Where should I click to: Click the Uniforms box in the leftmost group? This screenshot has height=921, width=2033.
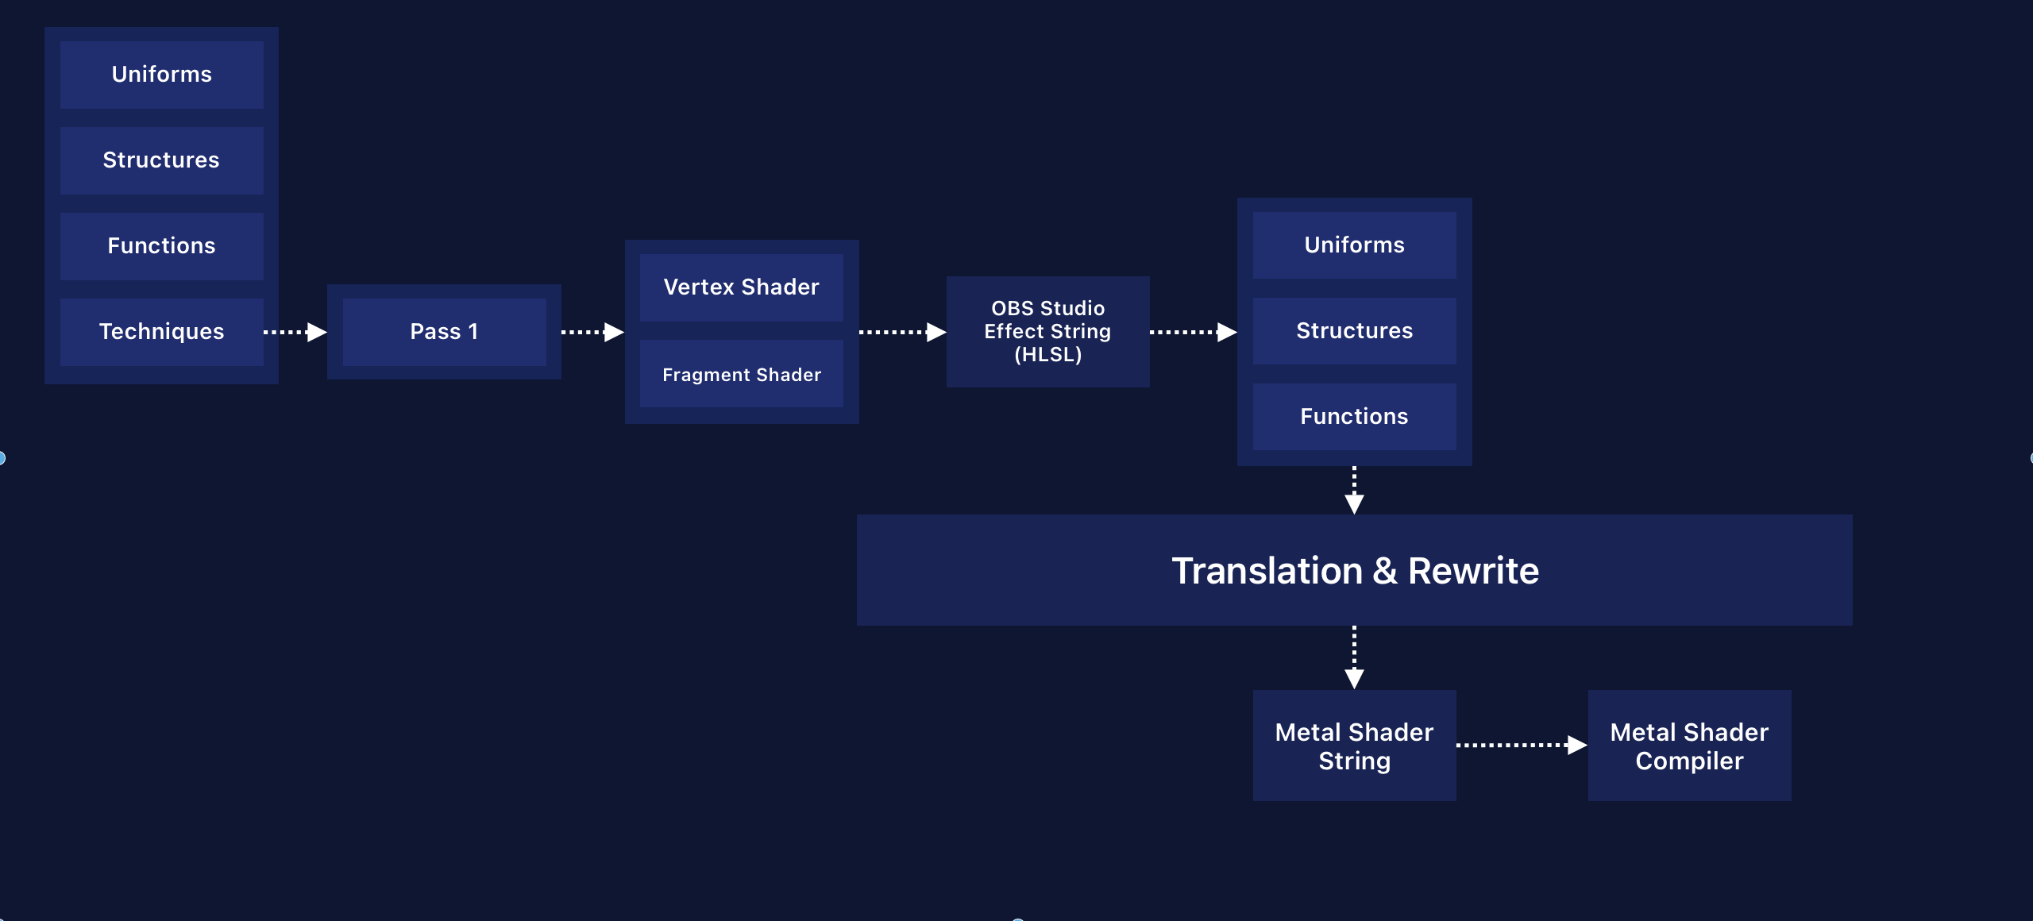[161, 75]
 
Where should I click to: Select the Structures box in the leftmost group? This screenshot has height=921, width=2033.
[161, 160]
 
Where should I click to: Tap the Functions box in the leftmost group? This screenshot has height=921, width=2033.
[161, 246]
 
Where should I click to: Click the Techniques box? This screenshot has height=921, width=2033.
[161, 332]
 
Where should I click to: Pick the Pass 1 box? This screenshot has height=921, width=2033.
[444, 332]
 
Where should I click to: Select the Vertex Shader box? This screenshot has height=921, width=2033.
[741, 287]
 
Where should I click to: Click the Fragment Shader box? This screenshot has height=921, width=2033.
[741, 375]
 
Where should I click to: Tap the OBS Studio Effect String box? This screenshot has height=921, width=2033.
[1047, 332]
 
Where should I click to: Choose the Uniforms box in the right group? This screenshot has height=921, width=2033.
[1354, 245]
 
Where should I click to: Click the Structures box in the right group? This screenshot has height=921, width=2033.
[1354, 331]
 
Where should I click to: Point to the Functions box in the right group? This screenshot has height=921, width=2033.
[1354, 417]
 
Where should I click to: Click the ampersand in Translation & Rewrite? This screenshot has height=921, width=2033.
[1385, 572]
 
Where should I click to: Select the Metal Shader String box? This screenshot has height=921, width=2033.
[1354, 746]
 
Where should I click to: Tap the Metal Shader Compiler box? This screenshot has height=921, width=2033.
[1689, 746]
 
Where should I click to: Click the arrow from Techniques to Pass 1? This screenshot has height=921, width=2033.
[295, 332]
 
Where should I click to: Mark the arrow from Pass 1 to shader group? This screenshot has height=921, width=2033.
[593, 332]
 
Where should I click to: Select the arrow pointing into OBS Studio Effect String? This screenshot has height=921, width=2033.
[903, 332]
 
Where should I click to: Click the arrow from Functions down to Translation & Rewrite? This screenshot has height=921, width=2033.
[1354, 491]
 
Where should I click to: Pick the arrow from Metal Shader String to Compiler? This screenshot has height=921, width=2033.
[1522, 745]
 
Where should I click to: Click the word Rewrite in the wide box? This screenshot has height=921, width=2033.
[1473, 572]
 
